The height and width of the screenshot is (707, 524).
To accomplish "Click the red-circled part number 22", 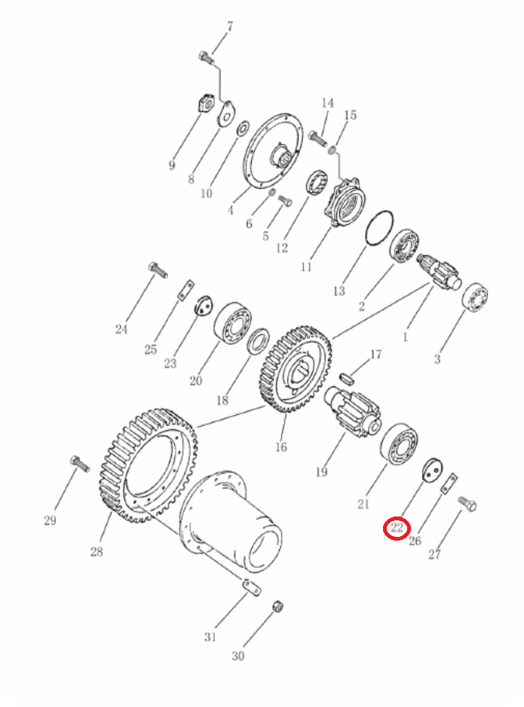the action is [397, 528].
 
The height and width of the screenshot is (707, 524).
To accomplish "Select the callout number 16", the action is [280, 446].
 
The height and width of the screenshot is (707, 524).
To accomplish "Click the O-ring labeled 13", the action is [378, 228].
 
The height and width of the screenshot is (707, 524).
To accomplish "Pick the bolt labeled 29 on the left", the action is [80, 464].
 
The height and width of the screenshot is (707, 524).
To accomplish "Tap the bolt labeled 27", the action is [467, 503].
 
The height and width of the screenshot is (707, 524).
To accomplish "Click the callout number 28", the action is [97, 551].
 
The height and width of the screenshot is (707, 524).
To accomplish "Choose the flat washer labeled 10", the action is [242, 128].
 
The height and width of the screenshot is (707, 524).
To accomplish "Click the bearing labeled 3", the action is [475, 297].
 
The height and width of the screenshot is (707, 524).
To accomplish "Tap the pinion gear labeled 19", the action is [353, 410].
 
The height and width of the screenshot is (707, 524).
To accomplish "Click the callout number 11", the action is [306, 267].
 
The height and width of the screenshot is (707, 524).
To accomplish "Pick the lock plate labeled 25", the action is [185, 290].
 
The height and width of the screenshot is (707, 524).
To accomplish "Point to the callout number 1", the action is [406, 337].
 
